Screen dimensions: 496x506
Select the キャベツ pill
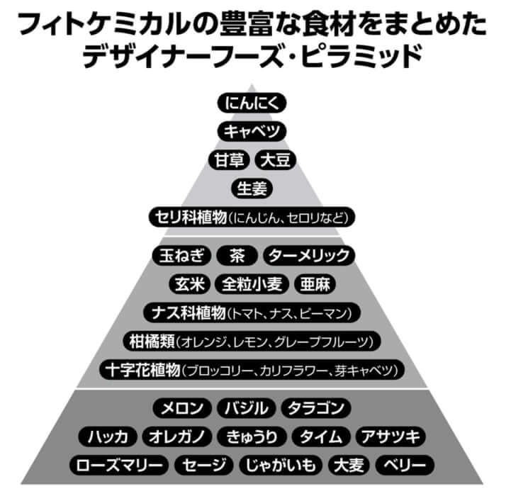[253, 132]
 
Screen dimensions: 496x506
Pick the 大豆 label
[276, 160]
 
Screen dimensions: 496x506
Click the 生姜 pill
[253, 188]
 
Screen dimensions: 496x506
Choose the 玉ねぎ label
[182, 256]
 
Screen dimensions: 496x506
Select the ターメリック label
[308, 256]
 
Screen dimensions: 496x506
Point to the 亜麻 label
[314, 284]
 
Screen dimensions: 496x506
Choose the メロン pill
[183, 409]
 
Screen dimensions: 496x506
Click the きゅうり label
[253, 436]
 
